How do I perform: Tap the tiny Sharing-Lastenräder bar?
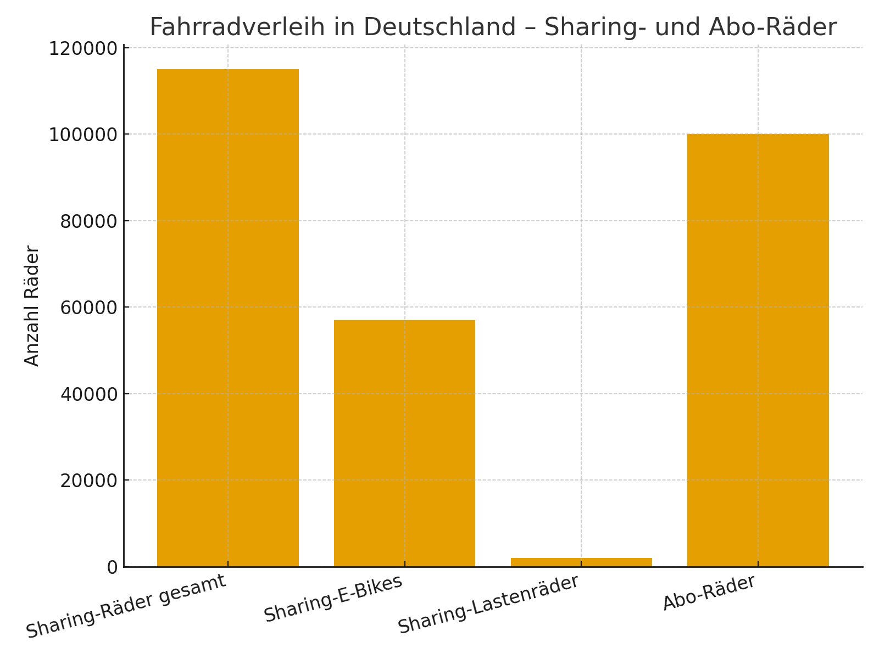coord(581,562)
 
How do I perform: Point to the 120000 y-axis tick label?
coord(83,49)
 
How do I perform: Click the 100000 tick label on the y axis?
coord(83,135)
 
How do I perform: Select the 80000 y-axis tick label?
coord(87,221)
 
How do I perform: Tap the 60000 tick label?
coord(87,308)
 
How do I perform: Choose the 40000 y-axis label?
coord(87,394)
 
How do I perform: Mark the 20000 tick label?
coord(87,481)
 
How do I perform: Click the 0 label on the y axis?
coord(112,567)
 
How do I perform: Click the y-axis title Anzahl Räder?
coord(32,306)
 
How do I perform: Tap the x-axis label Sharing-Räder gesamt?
coord(126,606)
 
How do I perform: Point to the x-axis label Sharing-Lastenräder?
coord(488,604)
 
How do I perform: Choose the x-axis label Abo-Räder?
coord(709,593)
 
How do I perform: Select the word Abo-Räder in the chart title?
coord(772,27)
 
